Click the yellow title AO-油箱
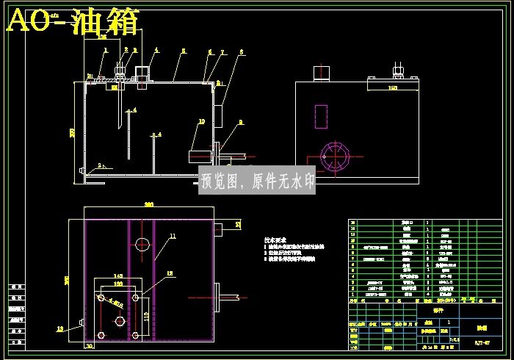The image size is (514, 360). coord(73,21)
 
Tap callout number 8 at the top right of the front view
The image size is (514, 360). coord(240,51)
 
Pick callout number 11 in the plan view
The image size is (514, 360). coord(173,236)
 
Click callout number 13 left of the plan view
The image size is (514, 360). coord(60,328)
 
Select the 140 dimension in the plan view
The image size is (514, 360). coord(117,276)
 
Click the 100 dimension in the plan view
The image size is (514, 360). coord(117,283)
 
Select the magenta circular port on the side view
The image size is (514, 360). coord(334,156)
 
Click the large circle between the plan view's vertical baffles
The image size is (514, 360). coord(142,244)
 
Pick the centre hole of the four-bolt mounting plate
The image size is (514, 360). coord(119,322)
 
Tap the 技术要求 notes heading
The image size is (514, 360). coord(277,240)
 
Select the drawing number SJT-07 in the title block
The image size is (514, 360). coord(482,342)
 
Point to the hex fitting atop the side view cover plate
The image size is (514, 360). coord(398,71)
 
